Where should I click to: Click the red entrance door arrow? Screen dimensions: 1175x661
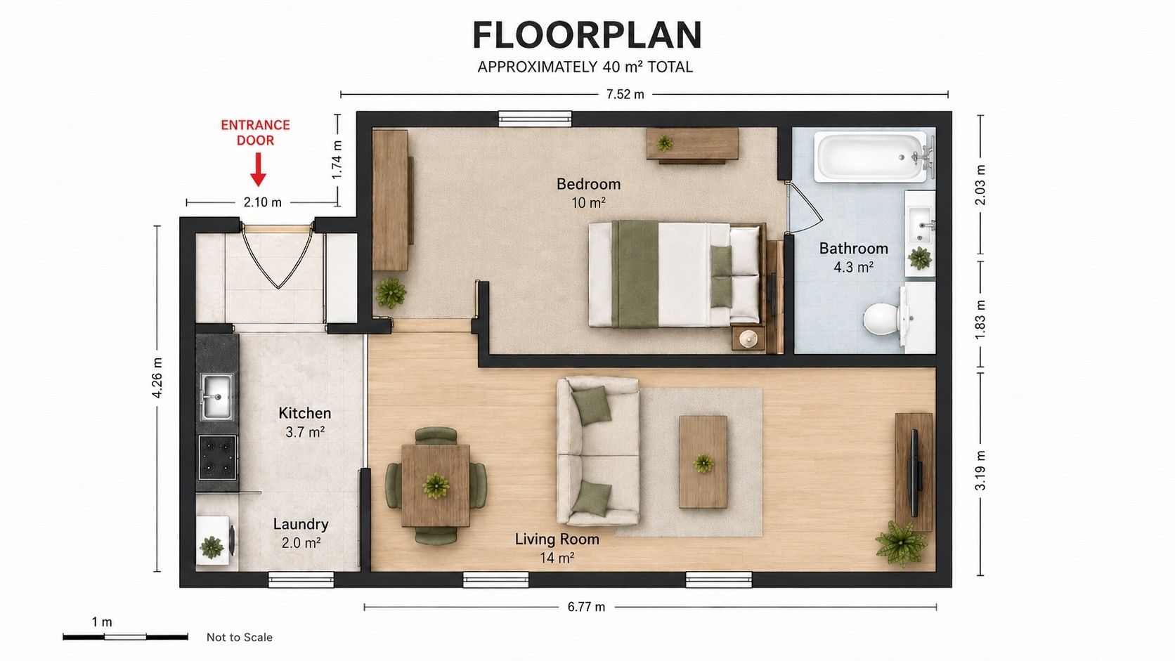(x=257, y=169)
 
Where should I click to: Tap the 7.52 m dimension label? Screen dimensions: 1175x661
(x=625, y=94)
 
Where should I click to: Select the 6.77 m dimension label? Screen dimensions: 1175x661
(x=587, y=607)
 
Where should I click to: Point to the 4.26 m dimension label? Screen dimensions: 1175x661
(x=157, y=377)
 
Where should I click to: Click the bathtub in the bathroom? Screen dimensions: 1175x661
(x=871, y=157)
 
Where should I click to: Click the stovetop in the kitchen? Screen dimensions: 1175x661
(x=217, y=457)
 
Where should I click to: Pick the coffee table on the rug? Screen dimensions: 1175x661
(x=703, y=462)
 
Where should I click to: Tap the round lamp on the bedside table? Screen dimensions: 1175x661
(x=748, y=339)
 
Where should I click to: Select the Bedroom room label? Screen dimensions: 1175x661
(x=588, y=184)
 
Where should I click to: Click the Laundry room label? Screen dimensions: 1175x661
(x=301, y=524)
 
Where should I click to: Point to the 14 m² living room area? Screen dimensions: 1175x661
(x=557, y=558)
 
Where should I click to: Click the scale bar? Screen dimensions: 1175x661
(x=125, y=637)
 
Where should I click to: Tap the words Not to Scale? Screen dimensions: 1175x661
(x=239, y=637)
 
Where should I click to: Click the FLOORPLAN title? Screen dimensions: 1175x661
(x=587, y=36)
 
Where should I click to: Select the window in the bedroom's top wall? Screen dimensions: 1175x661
(x=535, y=119)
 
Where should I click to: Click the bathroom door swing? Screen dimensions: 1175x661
(x=803, y=208)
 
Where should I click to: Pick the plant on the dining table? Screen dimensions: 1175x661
(x=436, y=485)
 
